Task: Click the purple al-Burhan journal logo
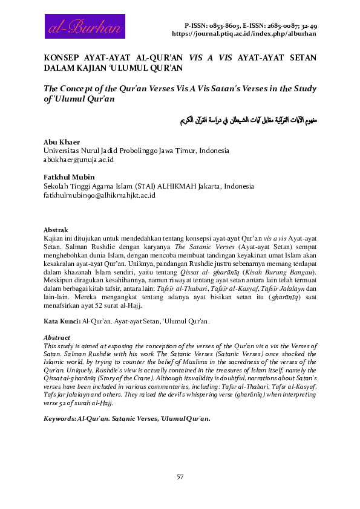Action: [x=84, y=27]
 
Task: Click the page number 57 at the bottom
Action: [x=180, y=478]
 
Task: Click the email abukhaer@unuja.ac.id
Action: [x=79, y=159]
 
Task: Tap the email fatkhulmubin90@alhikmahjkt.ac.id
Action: [x=100, y=196]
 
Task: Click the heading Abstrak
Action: [x=56, y=230]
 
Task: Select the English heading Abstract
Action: [x=58, y=337]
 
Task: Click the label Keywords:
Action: [x=61, y=418]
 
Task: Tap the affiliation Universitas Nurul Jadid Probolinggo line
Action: [x=136, y=150]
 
